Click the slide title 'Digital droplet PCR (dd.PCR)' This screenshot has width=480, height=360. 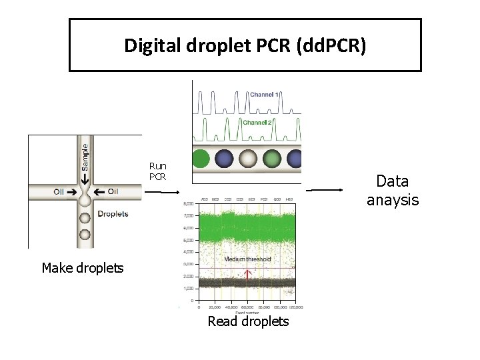pos(245,45)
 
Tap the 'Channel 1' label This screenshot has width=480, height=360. pos(265,95)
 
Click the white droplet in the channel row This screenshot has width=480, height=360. pos(248,159)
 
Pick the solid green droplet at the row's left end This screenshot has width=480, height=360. pos(200,159)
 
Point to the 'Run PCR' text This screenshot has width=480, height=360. pos(158,171)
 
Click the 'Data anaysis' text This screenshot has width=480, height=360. pos(393,190)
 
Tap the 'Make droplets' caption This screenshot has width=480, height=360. pos(83,268)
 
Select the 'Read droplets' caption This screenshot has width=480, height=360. pos(248,321)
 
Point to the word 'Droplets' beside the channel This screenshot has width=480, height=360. pos(113,214)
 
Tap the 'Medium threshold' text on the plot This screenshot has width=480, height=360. pos(247,259)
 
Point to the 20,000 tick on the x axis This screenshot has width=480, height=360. pos(214,307)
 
